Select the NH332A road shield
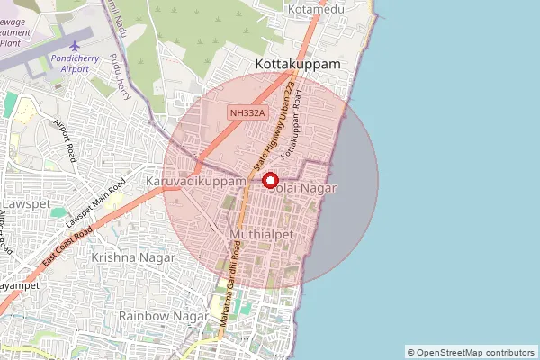(247, 112)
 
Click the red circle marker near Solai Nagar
(268, 180)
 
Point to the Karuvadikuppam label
(195, 182)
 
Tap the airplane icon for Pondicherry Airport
(74, 45)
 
